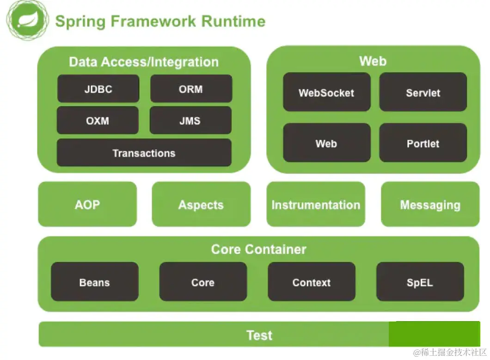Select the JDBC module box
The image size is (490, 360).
tap(98, 89)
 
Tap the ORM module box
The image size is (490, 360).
tap(191, 89)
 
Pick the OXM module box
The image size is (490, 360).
tap(98, 121)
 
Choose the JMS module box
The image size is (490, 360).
tap(190, 121)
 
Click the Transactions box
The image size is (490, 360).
tap(144, 153)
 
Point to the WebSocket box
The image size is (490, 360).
tap(326, 93)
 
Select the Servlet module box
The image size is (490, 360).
tap(423, 93)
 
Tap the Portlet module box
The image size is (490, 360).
tap(423, 143)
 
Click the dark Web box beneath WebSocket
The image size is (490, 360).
tap(326, 143)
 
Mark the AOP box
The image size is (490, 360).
tap(87, 205)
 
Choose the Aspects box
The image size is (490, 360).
tap(201, 205)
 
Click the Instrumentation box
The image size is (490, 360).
tap(316, 205)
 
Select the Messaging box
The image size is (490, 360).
tap(430, 205)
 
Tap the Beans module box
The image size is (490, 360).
tap(94, 282)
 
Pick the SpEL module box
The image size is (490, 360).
tap(420, 282)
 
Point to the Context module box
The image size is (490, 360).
tap(312, 282)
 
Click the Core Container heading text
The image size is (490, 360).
tap(258, 249)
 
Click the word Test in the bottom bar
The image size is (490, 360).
tap(259, 335)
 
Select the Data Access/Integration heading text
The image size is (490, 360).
tap(144, 62)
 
